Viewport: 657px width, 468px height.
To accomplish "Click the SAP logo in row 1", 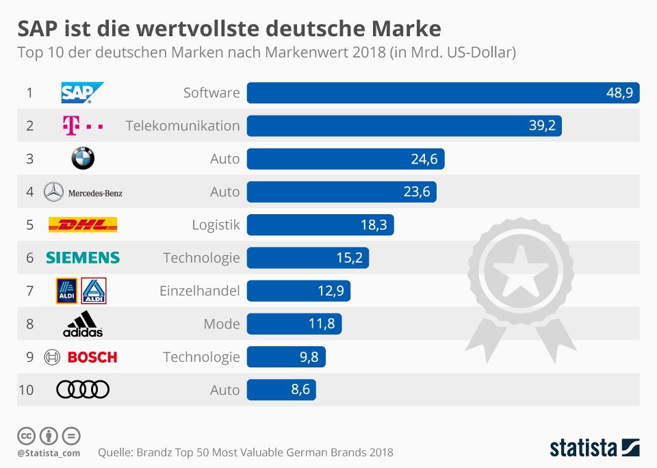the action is click(x=82, y=92).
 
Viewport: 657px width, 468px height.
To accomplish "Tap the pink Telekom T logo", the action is click(x=83, y=126).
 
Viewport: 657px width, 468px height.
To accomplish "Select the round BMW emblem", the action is click(x=83, y=158).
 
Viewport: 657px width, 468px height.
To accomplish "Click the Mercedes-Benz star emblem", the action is click(x=53, y=192).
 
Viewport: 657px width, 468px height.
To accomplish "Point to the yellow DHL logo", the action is click(x=83, y=224).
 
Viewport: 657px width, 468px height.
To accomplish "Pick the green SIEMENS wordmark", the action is click(x=83, y=258).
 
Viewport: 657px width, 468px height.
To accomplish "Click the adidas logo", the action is click(x=83, y=324).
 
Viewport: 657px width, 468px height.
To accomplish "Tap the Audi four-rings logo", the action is click(x=83, y=389).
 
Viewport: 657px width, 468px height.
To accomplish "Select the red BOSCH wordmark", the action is click(x=92, y=357).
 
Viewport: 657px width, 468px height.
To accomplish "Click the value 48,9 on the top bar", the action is click(x=620, y=92).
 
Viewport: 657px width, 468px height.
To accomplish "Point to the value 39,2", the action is click(x=542, y=126).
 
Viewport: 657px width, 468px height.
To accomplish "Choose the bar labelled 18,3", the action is click(x=320, y=224).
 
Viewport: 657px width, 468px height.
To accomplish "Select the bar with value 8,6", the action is click(x=281, y=389).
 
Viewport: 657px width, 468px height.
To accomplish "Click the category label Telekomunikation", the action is click(x=183, y=126).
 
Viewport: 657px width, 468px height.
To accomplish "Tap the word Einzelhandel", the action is click(x=199, y=291).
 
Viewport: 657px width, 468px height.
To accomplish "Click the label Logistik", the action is click(x=216, y=225).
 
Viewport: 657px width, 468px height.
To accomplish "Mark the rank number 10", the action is click(x=26, y=390).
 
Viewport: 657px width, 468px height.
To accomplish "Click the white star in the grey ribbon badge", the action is click(x=520, y=270).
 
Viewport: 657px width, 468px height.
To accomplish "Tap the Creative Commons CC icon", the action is click(x=26, y=436).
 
